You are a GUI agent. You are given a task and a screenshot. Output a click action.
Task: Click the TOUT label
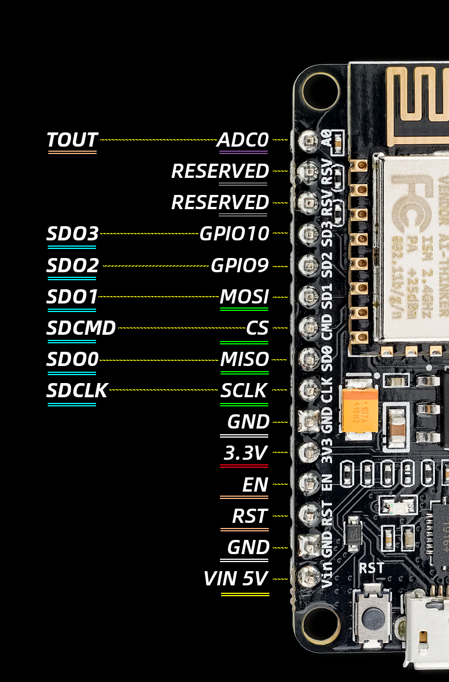pos(72,140)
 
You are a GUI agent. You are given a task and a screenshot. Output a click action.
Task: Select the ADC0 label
pos(243,140)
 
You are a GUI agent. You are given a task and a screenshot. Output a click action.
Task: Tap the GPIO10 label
pos(234,234)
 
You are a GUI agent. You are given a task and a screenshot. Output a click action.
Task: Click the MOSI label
pos(244,297)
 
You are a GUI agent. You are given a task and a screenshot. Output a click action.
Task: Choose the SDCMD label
pos(81,328)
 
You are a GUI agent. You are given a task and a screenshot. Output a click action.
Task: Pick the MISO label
pos(244,359)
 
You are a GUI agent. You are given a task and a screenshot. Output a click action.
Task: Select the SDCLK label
pos(77,390)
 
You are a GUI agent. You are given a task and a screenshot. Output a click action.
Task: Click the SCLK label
pos(244,390)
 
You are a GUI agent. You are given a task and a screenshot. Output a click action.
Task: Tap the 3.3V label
pos(246,453)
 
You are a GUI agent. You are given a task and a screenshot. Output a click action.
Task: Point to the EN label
pos(255,484)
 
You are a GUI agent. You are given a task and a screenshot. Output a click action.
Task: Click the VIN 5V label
pos(236,579)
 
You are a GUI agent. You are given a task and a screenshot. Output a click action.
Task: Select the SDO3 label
pos(73,234)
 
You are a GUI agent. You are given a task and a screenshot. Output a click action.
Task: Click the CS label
pos(257,328)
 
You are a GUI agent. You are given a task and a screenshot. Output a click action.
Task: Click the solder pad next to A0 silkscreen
pos(310,139)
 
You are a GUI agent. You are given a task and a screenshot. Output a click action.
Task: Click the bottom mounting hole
pos(321,625)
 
